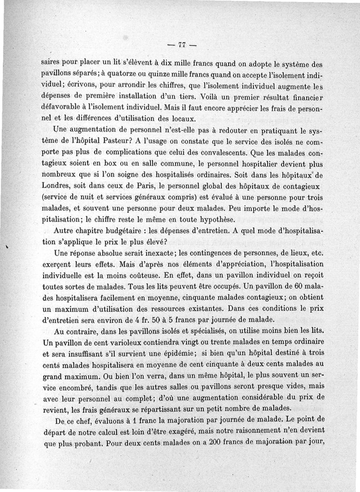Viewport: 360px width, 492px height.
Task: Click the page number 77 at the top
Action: click(182, 45)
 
